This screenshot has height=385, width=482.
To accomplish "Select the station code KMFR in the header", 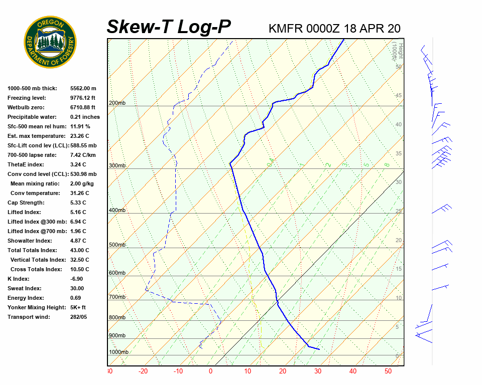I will coord(286,29).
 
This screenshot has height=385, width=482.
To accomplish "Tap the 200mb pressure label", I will coord(117,103).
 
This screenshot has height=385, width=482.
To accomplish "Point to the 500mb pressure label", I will coord(117,245).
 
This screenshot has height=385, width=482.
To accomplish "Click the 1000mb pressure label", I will coord(118,352).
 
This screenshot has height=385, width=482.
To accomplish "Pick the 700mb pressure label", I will coord(117,297).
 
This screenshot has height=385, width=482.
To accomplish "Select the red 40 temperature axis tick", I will coord(352,371).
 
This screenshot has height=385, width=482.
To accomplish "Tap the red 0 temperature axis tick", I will coord(210,371).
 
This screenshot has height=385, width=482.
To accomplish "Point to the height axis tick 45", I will coord(398,96).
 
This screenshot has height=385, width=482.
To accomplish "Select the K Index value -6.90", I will coord(76,279).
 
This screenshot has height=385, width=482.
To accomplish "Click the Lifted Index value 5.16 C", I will coord(78,212).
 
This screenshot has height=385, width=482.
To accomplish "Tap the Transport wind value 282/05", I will coord(78,317).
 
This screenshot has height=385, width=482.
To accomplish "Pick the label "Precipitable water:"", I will coord(33,117).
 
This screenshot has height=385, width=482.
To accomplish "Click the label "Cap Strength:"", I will coord(26,203).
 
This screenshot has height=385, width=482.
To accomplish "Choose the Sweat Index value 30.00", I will coord(77,288).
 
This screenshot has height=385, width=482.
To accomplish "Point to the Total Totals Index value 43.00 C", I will coord(79,250).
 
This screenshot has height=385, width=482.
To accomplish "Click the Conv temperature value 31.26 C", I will coord(79,193).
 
